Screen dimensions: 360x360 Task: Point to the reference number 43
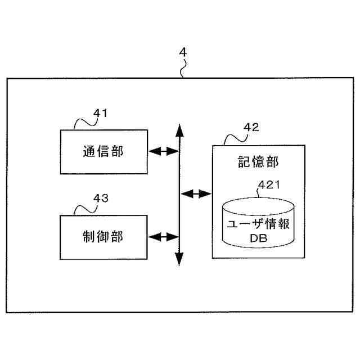pyautogui.click(x=100, y=198)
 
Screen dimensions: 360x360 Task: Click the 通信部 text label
pyautogui.click(x=103, y=151)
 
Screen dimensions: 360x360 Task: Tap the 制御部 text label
pyautogui.click(x=103, y=236)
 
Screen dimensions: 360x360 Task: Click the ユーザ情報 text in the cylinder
pyautogui.click(x=258, y=223)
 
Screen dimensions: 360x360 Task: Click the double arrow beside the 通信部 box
pyautogui.click(x=163, y=151)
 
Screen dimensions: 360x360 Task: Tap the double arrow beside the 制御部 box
pyautogui.click(x=163, y=236)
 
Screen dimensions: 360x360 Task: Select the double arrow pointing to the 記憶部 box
pyautogui.click(x=195, y=194)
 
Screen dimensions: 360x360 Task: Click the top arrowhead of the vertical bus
pyautogui.click(x=179, y=130)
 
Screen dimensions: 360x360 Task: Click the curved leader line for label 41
pyautogui.click(x=83, y=122)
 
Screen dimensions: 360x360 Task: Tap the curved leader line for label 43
pyautogui.click(x=83, y=206)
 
